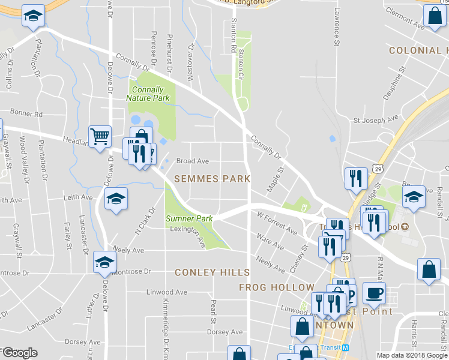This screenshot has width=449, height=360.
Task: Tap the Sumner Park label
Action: [189, 219]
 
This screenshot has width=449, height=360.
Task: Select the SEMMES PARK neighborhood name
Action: [212, 179]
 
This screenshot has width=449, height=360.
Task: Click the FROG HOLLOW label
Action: [276, 287]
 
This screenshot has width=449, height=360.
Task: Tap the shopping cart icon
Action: [100, 136]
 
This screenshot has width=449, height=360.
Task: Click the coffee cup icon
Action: [374, 293]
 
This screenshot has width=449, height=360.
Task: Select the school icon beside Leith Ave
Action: [116, 198]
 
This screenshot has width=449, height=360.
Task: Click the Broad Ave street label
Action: [192, 161]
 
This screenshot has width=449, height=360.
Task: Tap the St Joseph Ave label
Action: [376, 119]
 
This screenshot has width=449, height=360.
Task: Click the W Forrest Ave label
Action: [277, 222]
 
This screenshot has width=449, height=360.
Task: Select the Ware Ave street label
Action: [270, 242]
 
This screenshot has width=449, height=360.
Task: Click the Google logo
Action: [20, 353]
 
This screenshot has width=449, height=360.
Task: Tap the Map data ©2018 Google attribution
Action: [411, 355]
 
